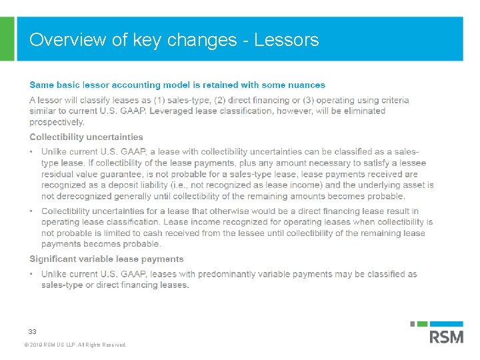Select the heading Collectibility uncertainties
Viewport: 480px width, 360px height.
click(86, 137)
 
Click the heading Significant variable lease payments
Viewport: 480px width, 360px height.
click(106, 259)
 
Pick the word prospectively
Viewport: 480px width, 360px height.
click(57, 122)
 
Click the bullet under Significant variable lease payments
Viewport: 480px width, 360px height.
click(31, 274)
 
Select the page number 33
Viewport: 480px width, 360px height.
click(32, 331)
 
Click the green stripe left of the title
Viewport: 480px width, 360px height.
click(7, 39)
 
